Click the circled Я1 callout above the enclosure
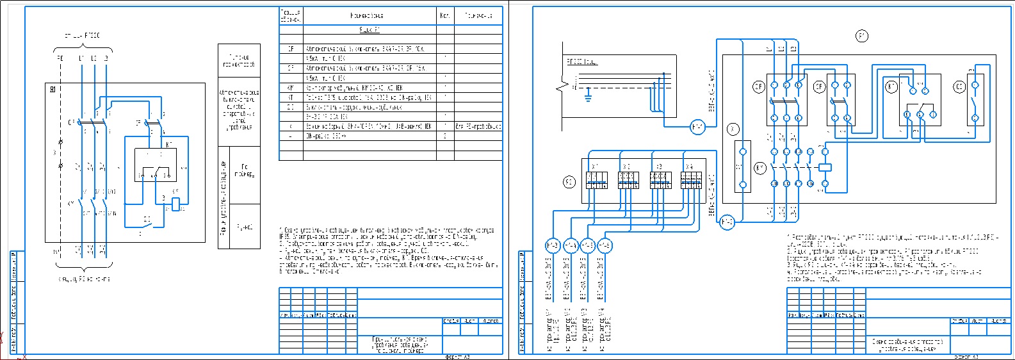tap(862, 37)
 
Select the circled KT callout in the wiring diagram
tap(891, 86)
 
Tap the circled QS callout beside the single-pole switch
tap(959, 86)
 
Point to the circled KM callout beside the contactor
tap(759, 168)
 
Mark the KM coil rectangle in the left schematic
tap(175, 204)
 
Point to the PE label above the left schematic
tap(60, 58)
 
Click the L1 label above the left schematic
tap(82, 58)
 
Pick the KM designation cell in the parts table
tap(291, 88)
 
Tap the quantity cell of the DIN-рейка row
tap(445, 136)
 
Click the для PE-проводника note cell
tap(478, 127)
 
